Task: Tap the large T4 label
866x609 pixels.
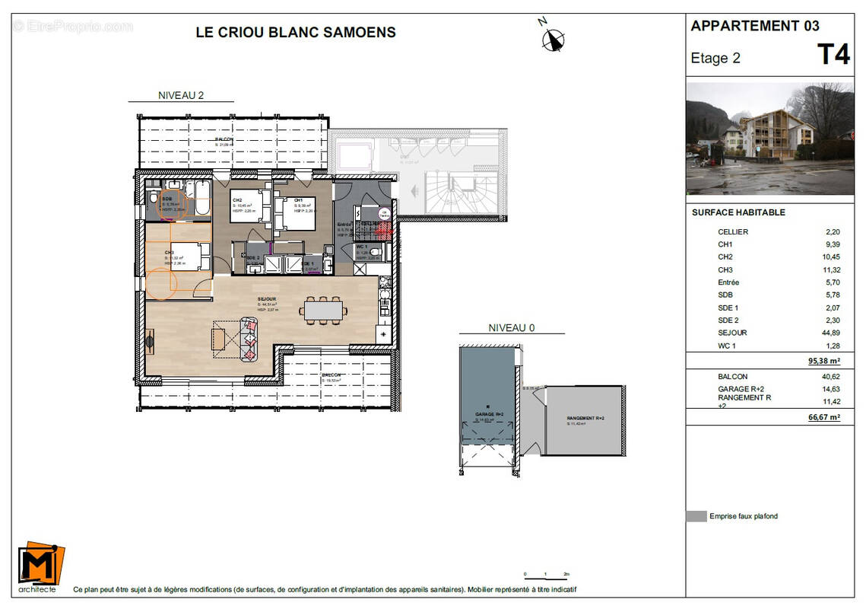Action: point(833,56)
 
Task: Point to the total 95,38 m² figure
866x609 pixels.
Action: point(823,362)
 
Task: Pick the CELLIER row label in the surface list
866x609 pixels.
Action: point(733,231)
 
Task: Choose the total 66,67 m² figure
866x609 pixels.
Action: point(823,417)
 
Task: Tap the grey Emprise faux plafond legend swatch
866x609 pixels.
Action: point(696,516)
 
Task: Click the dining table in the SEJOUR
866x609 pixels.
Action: point(322,310)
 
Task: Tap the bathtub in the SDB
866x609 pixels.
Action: point(201,198)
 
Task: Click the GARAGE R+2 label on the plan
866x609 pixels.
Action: point(490,415)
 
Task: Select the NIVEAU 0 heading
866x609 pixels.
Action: point(511,328)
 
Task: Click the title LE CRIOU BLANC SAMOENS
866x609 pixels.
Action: point(296,32)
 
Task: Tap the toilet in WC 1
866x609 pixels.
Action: point(379,252)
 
